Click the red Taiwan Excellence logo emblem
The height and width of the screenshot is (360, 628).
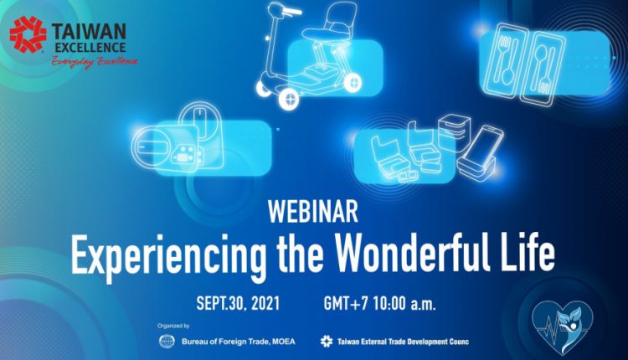(28, 34)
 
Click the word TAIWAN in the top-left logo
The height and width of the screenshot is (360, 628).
(89, 32)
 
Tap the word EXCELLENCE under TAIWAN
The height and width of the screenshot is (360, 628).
(90, 48)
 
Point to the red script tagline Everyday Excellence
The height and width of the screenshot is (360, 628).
(95, 62)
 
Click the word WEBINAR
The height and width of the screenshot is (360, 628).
(313, 212)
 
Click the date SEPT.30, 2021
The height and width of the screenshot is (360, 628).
(238, 304)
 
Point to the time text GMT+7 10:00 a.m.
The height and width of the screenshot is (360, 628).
(379, 304)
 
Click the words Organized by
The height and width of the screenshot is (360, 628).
(173, 326)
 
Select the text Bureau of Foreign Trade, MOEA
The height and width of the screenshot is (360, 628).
(239, 342)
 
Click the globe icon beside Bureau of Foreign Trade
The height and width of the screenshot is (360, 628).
(167, 342)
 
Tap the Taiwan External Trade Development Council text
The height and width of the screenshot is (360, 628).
(403, 342)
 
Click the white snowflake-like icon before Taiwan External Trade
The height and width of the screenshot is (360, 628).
(327, 342)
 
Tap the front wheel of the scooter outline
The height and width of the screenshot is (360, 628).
(289, 99)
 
